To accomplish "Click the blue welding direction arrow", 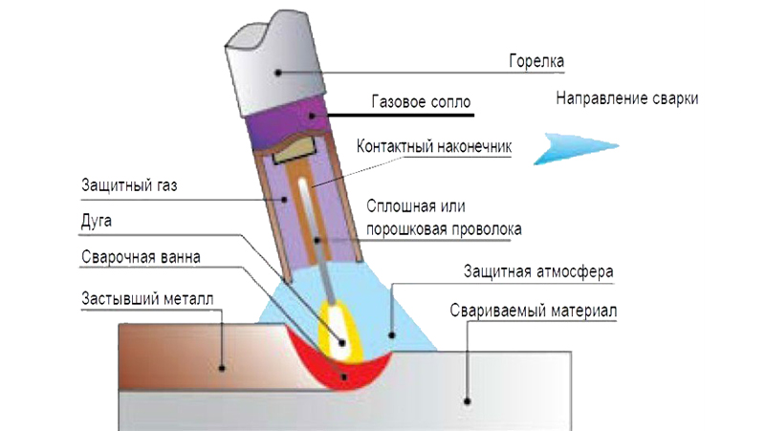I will pyautogui.click(x=563, y=145).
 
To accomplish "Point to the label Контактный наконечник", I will pyautogui.click(x=434, y=148).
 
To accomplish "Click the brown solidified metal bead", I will pyautogui.click(x=191, y=354).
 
